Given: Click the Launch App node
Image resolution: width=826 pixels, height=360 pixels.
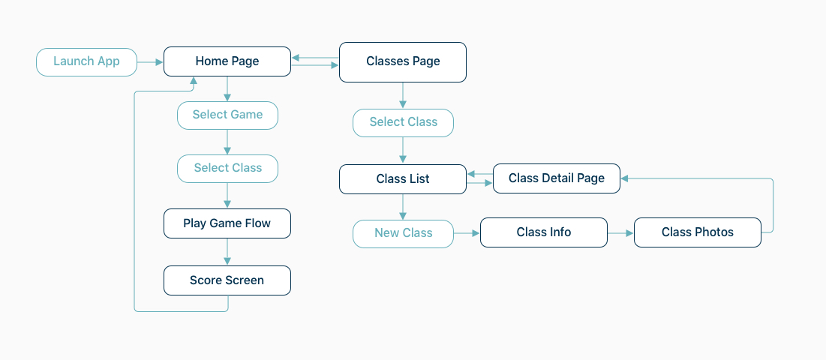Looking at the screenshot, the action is (x=86, y=62).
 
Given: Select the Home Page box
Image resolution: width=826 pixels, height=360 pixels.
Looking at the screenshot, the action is (x=227, y=61).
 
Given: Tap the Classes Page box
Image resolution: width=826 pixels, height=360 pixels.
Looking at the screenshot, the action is (x=402, y=62).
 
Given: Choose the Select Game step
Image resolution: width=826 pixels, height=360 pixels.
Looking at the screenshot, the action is (x=227, y=115).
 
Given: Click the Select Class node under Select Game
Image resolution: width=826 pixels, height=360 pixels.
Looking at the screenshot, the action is (x=227, y=169).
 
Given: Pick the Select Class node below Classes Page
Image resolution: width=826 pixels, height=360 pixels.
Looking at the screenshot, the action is (x=403, y=123).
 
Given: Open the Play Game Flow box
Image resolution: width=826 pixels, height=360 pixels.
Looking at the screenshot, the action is (x=227, y=223).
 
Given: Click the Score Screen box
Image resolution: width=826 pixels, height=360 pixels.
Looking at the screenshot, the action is (x=227, y=280).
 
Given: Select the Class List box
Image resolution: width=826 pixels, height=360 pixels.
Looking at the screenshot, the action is (x=402, y=179).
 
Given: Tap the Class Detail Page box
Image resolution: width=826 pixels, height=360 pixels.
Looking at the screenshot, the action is (x=556, y=178).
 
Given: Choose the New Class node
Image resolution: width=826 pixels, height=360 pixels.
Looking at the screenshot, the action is (x=403, y=234).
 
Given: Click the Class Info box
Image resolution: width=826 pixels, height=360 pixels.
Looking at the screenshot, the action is (x=544, y=232).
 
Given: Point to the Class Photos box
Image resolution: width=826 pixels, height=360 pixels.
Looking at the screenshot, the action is (x=698, y=232).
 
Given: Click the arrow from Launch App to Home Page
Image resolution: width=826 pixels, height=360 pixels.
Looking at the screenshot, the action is (x=150, y=62).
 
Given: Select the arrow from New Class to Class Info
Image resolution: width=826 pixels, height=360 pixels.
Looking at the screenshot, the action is (x=467, y=232).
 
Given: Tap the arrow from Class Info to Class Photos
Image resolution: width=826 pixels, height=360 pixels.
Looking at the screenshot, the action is (x=620, y=232).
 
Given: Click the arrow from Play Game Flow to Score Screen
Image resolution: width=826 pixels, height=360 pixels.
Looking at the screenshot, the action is (x=227, y=252).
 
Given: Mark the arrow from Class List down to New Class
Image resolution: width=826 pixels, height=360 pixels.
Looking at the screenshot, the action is (x=403, y=207).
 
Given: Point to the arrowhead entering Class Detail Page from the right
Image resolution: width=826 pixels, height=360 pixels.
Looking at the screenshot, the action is (x=625, y=178).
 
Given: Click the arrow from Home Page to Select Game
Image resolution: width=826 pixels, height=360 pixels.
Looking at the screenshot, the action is (x=227, y=89).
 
